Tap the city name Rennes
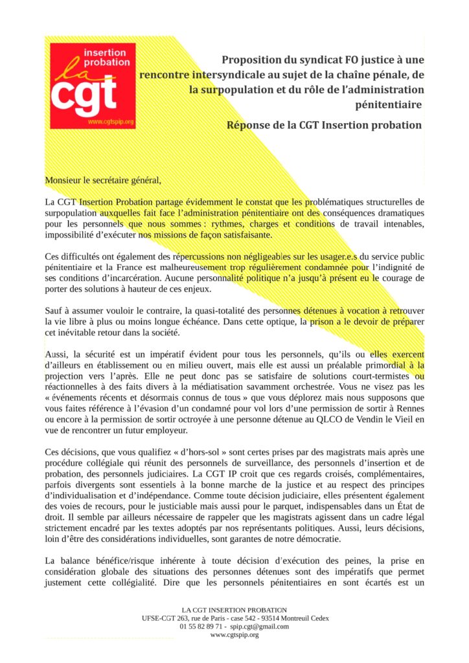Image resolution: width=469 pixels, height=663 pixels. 407,408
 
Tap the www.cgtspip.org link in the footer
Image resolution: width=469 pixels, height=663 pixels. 234,635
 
